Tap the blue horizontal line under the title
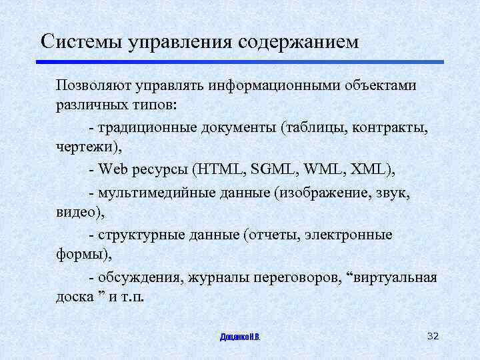[x=240, y=62]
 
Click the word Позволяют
[x=94, y=87]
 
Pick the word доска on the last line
[x=75, y=296]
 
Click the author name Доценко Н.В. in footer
[x=240, y=337]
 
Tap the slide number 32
[x=433, y=335]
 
